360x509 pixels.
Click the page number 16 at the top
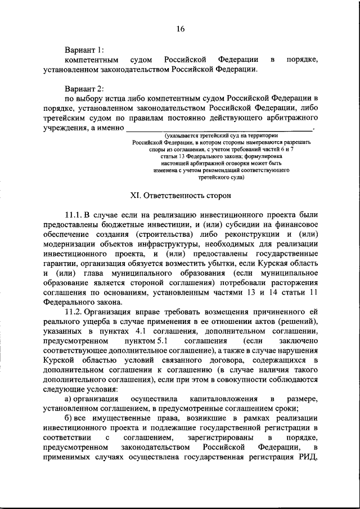coord(180,29)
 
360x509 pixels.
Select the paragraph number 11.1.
coord(74,215)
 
